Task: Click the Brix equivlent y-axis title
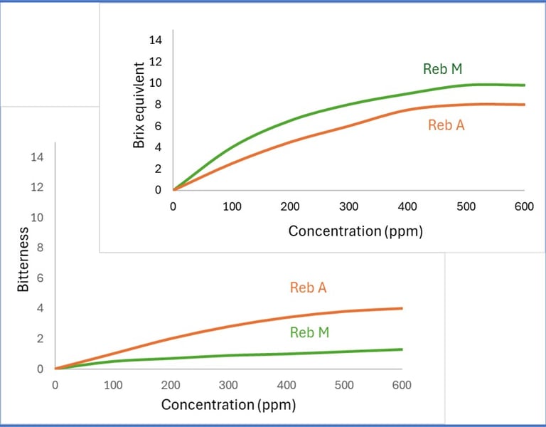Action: [x=139, y=105]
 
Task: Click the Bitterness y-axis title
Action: [x=23, y=260]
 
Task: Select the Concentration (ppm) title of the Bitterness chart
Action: [x=228, y=405]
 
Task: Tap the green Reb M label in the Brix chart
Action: [x=443, y=69]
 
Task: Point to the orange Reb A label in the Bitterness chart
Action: [x=308, y=288]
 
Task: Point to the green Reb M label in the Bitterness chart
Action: [x=309, y=332]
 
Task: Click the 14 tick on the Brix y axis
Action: [x=155, y=40]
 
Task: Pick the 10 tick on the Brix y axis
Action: [x=155, y=83]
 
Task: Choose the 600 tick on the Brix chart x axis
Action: [x=524, y=206]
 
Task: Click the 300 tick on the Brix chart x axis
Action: [x=348, y=206]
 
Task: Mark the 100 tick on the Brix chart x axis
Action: [x=232, y=206]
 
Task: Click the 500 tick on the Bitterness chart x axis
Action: [x=344, y=385]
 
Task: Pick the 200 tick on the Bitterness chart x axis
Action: [x=171, y=385]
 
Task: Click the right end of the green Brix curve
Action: [x=524, y=85]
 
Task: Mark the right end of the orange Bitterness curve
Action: [x=402, y=308]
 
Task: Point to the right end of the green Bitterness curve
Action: [x=402, y=349]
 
